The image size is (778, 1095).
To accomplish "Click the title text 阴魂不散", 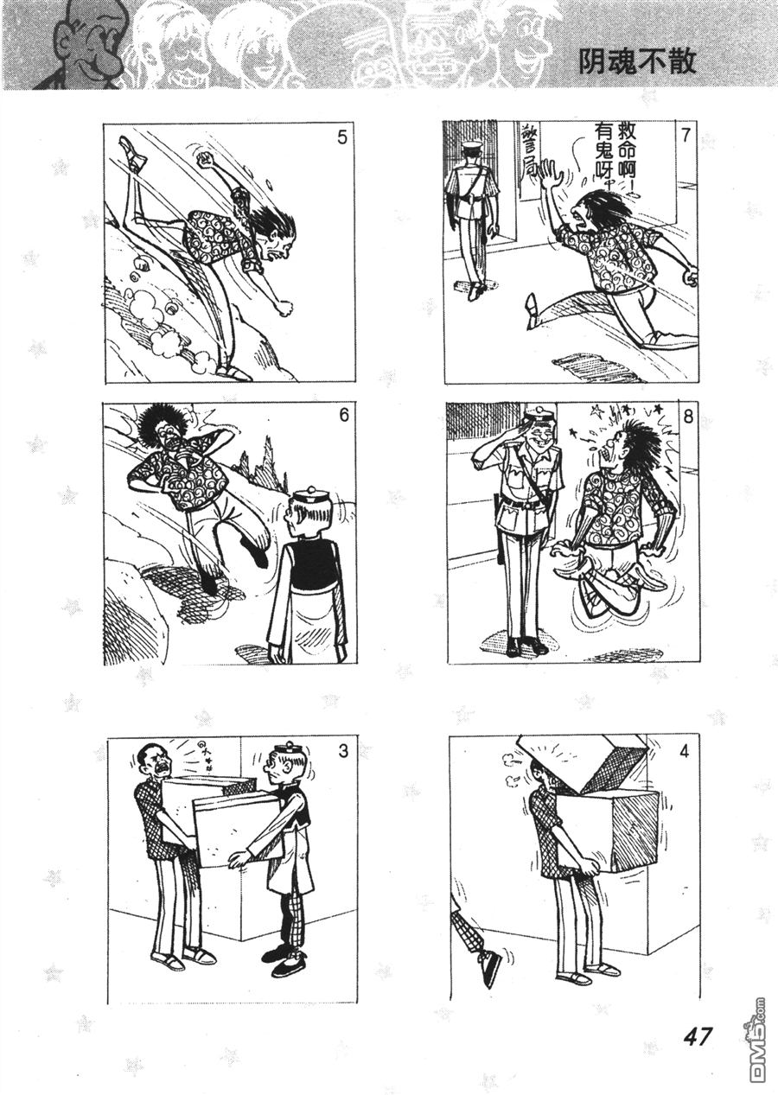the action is tap(637, 61).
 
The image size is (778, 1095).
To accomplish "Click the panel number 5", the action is tap(342, 137).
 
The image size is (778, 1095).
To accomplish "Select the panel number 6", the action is tap(343, 416).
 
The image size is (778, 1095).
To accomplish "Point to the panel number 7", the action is tap(686, 136).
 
